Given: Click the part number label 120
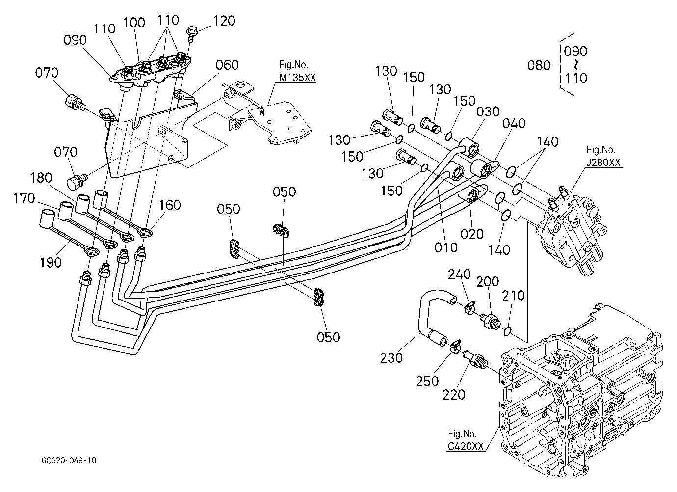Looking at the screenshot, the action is coord(224,21).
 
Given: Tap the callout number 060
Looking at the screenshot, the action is coord(227,65).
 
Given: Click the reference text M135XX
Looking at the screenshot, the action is coord(297,78).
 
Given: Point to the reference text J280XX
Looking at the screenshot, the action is coord(603,163).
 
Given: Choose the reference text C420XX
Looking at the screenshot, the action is coord(466,446).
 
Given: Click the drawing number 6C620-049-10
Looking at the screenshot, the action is coord(69,460).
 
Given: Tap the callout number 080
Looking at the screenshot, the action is coord(539,65).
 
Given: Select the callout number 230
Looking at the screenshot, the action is coord(391,358).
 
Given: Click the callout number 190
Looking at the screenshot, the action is coord(51,262).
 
